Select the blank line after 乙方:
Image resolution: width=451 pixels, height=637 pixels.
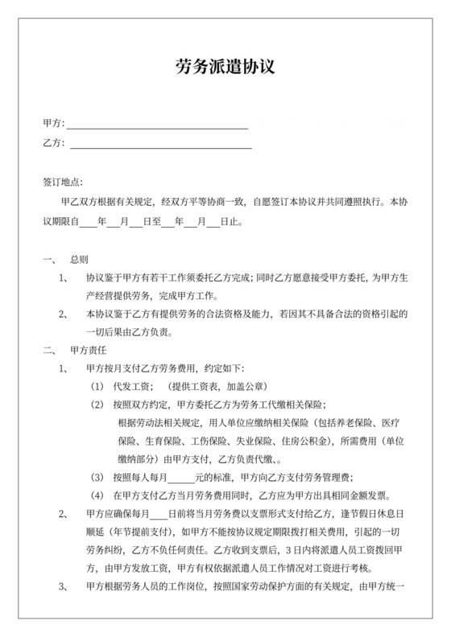160,146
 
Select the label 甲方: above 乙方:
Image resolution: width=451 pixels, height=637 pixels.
52,125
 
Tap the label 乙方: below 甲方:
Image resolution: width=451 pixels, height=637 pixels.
52,144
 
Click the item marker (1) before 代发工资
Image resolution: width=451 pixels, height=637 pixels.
97,387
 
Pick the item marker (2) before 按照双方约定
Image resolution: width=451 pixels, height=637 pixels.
97,405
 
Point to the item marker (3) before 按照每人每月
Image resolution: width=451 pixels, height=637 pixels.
97,477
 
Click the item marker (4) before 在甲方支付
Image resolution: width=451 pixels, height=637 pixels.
97,495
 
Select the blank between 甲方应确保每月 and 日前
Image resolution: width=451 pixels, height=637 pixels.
159,514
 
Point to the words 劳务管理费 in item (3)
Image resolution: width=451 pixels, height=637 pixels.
331,477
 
